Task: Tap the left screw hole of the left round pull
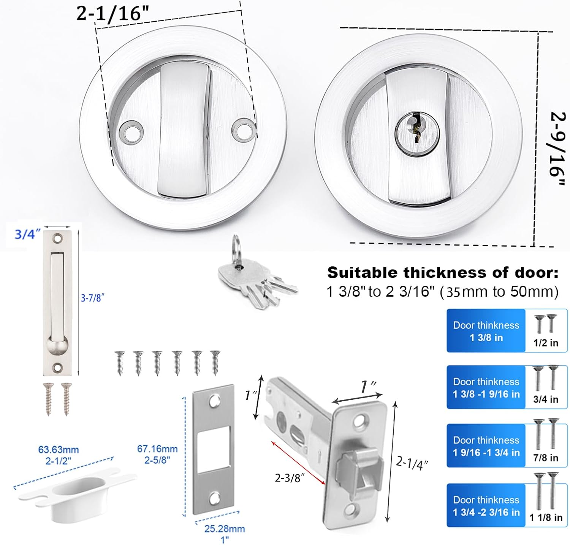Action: [x=130, y=132]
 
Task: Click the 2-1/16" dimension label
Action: [x=112, y=14]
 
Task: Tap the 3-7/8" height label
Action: [x=92, y=298]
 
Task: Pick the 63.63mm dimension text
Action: [x=58, y=450]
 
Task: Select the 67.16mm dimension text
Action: [x=157, y=449]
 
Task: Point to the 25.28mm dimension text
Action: [x=225, y=529]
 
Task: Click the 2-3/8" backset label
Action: [x=290, y=478]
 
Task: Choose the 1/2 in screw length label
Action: [x=546, y=343]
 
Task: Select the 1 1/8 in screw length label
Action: [x=546, y=518]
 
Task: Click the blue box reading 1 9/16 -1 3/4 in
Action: [x=486, y=446]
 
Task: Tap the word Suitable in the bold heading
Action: [x=363, y=272]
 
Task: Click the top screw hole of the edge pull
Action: [x=58, y=239]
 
